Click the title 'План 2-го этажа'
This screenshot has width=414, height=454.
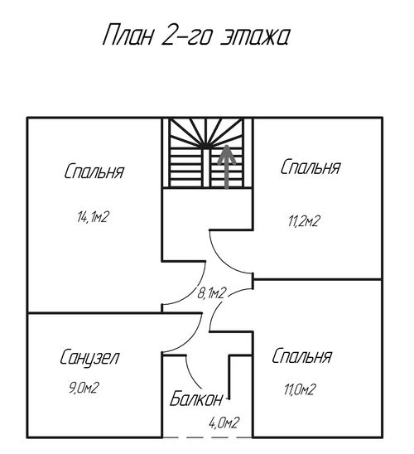[196, 35]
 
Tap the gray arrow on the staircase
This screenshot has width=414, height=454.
[227, 167]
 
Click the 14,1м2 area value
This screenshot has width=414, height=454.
[93, 217]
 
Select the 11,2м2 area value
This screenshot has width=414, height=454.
[304, 221]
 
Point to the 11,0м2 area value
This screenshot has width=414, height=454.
[300, 389]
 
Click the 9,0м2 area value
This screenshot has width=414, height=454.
[84, 388]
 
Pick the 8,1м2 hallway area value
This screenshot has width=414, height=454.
[211, 293]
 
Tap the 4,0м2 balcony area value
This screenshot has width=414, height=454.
[224, 423]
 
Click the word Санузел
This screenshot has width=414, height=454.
[89, 358]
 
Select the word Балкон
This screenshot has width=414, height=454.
[196, 398]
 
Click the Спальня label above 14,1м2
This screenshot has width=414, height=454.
[94, 171]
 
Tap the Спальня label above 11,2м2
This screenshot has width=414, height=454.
[310, 167]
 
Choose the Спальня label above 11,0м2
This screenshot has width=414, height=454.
[301, 356]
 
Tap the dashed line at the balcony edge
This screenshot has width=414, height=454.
[207, 437]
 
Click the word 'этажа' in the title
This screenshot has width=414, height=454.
[255, 37]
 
